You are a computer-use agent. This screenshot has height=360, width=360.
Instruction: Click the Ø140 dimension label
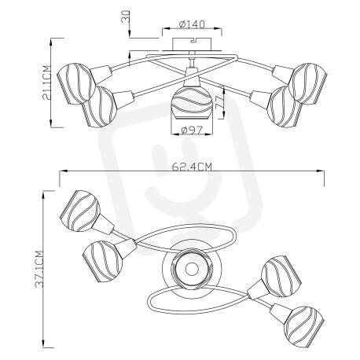(x=192, y=24)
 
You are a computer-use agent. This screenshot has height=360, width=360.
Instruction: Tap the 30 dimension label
(x=127, y=17)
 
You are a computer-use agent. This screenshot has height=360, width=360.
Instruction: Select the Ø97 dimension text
(x=192, y=130)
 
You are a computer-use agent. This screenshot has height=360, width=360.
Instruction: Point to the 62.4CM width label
(x=192, y=167)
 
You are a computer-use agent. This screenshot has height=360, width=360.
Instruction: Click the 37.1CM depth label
(x=39, y=270)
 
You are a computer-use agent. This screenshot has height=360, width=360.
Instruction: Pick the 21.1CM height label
(x=46, y=83)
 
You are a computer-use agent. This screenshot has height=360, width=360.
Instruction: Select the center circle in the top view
(x=192, y=269)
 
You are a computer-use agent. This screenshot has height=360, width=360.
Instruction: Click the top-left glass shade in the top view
(x=80, y=211)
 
